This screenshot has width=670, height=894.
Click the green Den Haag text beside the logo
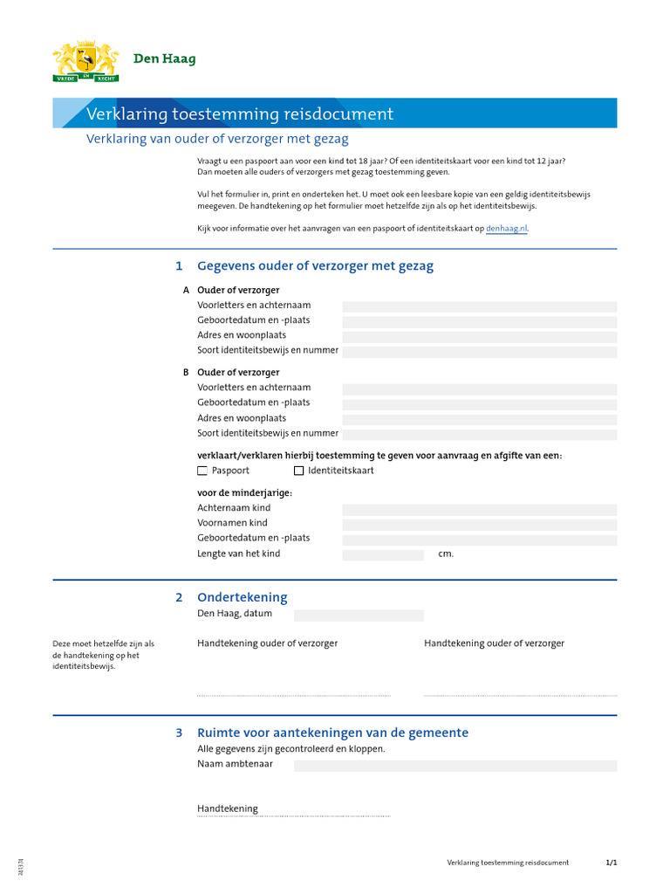click(164, 59)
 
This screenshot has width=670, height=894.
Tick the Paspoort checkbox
click(202, 471)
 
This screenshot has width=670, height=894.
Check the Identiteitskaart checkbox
click(298, 471)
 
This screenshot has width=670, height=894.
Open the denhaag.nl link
click(506, 229)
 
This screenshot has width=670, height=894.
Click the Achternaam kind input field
click(479, 509)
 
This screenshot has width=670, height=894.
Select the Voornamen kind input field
click(479, 524)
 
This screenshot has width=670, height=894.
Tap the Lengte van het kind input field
click(382, 554)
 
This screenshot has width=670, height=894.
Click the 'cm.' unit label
click(446, 554)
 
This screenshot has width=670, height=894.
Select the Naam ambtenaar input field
click(455, 765)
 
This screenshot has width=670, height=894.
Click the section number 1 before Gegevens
click(179, 266)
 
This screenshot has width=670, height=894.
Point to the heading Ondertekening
click(242, 598)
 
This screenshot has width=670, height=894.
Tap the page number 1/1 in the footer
click(611, 863)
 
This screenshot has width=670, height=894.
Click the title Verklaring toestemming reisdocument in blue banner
click(240, 114)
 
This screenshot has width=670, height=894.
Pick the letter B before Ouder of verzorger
click(186, 372)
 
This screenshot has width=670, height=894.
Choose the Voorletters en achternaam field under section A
click(479, 306)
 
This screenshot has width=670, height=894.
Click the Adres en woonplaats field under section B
click(479, 418)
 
